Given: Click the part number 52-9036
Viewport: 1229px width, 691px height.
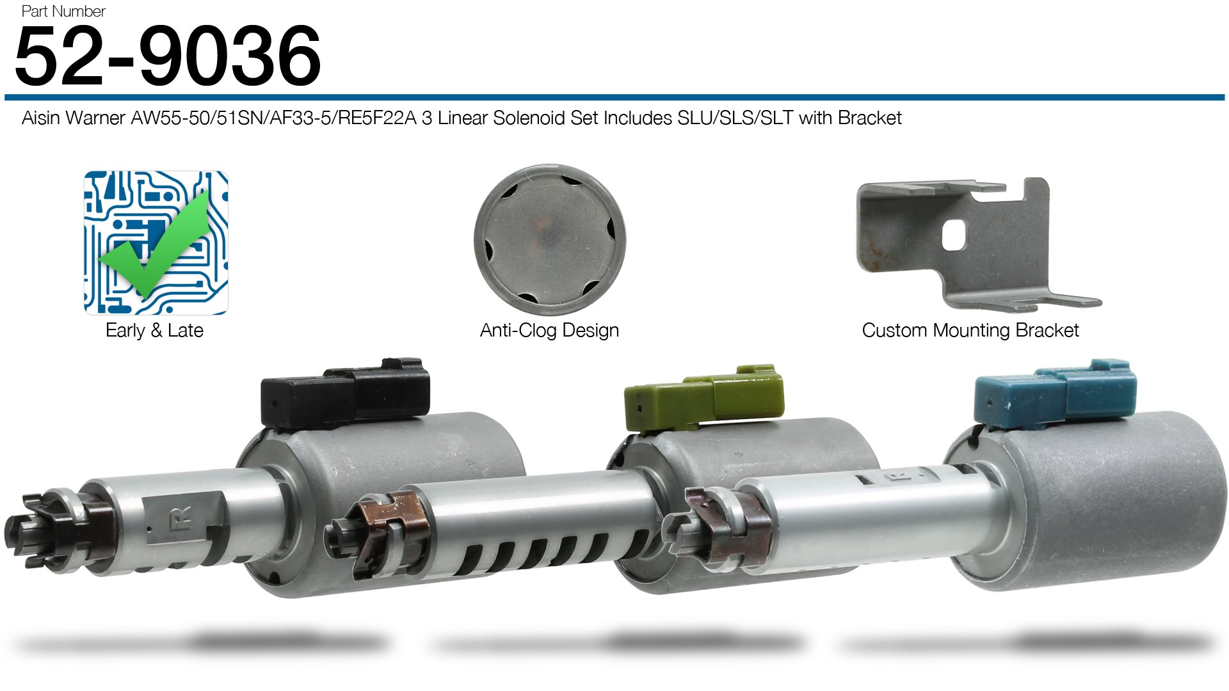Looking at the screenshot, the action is pos(168,56).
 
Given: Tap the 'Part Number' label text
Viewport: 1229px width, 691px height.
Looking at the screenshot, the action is pos(63,11).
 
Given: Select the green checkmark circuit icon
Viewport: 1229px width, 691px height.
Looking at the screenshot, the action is pos(156,242).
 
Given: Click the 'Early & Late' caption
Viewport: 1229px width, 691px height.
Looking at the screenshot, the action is pos(154,330).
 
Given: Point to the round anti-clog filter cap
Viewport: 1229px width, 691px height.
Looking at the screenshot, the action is pos(550,240).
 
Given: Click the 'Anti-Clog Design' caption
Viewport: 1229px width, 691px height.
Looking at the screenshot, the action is pos(549,330).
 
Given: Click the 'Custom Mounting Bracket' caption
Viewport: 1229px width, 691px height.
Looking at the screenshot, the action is pos(970,330).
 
